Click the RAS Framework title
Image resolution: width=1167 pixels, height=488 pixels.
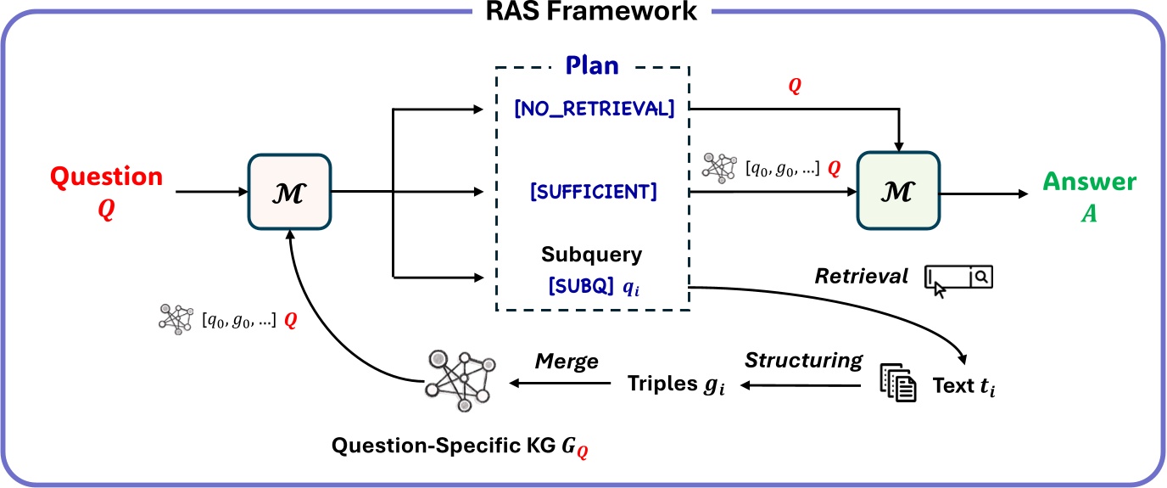click(583, 12)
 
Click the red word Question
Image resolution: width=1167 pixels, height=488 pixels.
click(106, 177)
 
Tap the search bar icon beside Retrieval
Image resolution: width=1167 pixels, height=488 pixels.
click(958, 279)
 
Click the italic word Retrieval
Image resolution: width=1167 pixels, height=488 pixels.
click(861, 276)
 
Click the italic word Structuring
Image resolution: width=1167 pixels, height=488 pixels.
click(803, 361)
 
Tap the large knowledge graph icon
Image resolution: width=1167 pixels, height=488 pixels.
click(460, 380)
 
